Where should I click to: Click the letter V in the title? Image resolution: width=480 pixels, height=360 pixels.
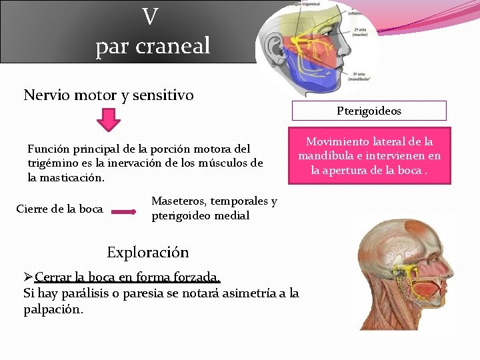(x=151, y=16)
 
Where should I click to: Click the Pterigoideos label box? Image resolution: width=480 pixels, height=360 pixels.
(x=369, y=111)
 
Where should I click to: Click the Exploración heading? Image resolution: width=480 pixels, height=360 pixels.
(x=148, y=253)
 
